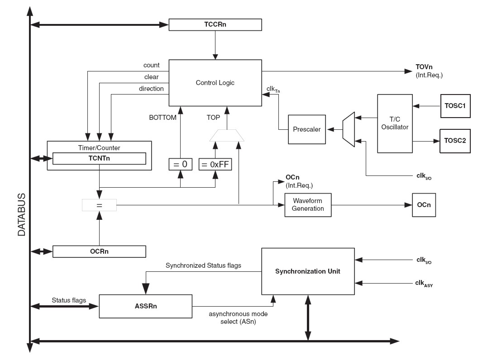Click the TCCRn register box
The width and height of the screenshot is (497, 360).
click(x=215, y=24)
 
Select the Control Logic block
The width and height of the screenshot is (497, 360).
click(x=215, y=83)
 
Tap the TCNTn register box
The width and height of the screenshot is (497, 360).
click(x=99, y=158)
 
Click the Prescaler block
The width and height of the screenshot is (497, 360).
click(x=307, y=129)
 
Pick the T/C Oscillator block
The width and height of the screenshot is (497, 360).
click(x=395, y=123)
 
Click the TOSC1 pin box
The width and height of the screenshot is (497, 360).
click(x=455, y=106)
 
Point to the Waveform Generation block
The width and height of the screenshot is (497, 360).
click(x=308, y=205)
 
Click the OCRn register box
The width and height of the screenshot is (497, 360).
click(x=100, y=251)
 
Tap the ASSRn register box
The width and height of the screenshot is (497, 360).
click(x=145, y=306)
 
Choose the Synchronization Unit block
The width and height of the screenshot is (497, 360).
click(x=308, y=271)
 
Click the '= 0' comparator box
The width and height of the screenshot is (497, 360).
click(x=180, y=164)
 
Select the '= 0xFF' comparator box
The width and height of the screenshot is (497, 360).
click(x=215, y=164)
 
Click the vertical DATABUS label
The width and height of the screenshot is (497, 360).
click(x=21, y=215)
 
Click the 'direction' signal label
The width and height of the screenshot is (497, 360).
click(x=151, y=89)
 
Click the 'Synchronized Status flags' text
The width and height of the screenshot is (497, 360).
click(x=203, y=265)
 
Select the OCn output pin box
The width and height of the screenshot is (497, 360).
click(x=424, y=205)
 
